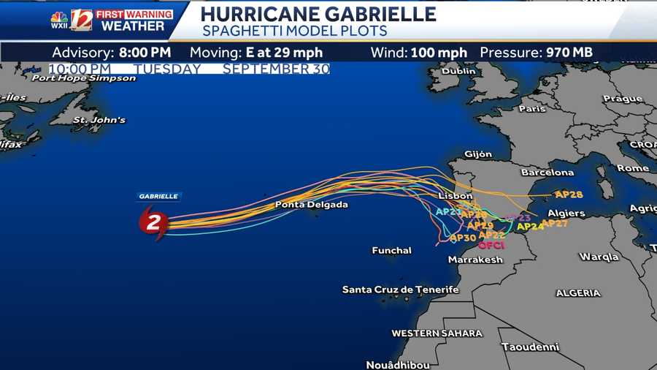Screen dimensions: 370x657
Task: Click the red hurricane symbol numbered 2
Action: (x=153, y=223)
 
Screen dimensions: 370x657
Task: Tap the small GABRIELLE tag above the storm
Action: (x=159, y=196)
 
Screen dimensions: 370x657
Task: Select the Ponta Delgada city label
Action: (x=311, y=205)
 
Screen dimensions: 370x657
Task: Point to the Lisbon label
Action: (x=456, y=196)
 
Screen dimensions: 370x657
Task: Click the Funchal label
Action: (x=392, y=251)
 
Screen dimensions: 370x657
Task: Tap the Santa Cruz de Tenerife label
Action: (x=400, y=290)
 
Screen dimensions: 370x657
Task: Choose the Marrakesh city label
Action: (x=475, y=260)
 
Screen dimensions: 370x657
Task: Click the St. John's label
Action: (x=100, y=120)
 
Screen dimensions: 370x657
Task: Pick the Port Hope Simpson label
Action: (x=84, y=78)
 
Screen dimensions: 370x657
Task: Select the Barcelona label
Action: (x=547, y=173)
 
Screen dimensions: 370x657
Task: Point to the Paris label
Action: (x=531, y=109)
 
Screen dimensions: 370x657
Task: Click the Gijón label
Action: (x=478, y=154)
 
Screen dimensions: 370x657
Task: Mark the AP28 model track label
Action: (x=569, y=195)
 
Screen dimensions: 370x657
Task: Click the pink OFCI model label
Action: (x=491, y=245)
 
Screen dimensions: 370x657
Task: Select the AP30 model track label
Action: (x=463, y=238)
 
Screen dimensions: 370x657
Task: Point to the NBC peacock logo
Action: (x=59, y=18)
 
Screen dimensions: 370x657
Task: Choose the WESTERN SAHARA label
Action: (x=437, y=333)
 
